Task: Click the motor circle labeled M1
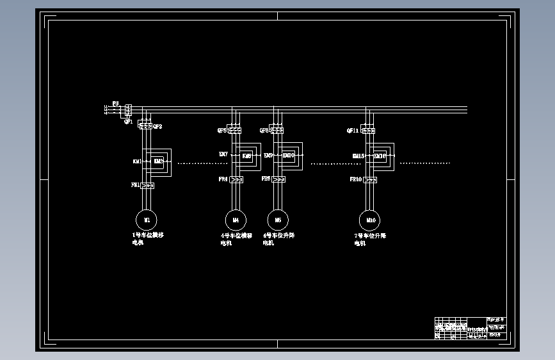click(147, 220)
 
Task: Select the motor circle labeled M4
click(236, 220)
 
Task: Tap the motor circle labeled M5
click(278, 220)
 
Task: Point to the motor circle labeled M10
click(370, 220)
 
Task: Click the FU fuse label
click(115, 103)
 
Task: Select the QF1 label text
click(128, 122)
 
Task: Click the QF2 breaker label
click(157, 126)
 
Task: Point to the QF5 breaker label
click(221, 131)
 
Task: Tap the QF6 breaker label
click(264, 131)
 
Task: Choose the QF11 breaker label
click(353, 131)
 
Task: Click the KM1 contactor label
click(137, 161)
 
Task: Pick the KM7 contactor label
click(223, 154)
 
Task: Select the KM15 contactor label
click(358, 156)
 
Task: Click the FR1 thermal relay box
click(147, 186)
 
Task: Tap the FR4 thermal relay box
click(236, 180)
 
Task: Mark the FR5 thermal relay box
click(278, 180)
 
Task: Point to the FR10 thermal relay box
click(370, 180)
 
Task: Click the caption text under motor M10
click(369, 240)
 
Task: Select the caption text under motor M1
click(147, 239)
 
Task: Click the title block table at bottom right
click(471, 327)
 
